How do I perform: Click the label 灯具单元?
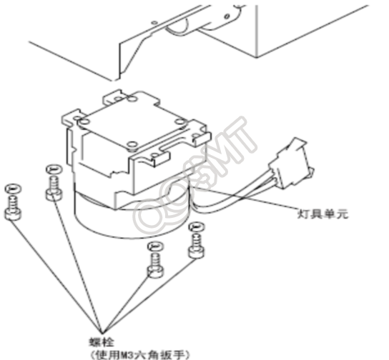pos(322,214)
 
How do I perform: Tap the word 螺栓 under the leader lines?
pos(102,342)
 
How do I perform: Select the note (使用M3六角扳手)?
pos(139,354)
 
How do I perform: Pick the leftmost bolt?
pos(13,208)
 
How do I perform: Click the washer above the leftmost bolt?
pos(13,189)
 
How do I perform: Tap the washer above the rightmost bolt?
pos(197,227)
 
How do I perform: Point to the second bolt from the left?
pos(54,189)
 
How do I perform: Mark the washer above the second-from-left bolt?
pos(54,170)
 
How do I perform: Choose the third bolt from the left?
pos(156,266)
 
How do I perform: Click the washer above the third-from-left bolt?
pos(155,246)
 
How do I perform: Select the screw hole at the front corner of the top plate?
pos(132,144)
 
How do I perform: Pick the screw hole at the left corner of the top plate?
pos(84,122)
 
